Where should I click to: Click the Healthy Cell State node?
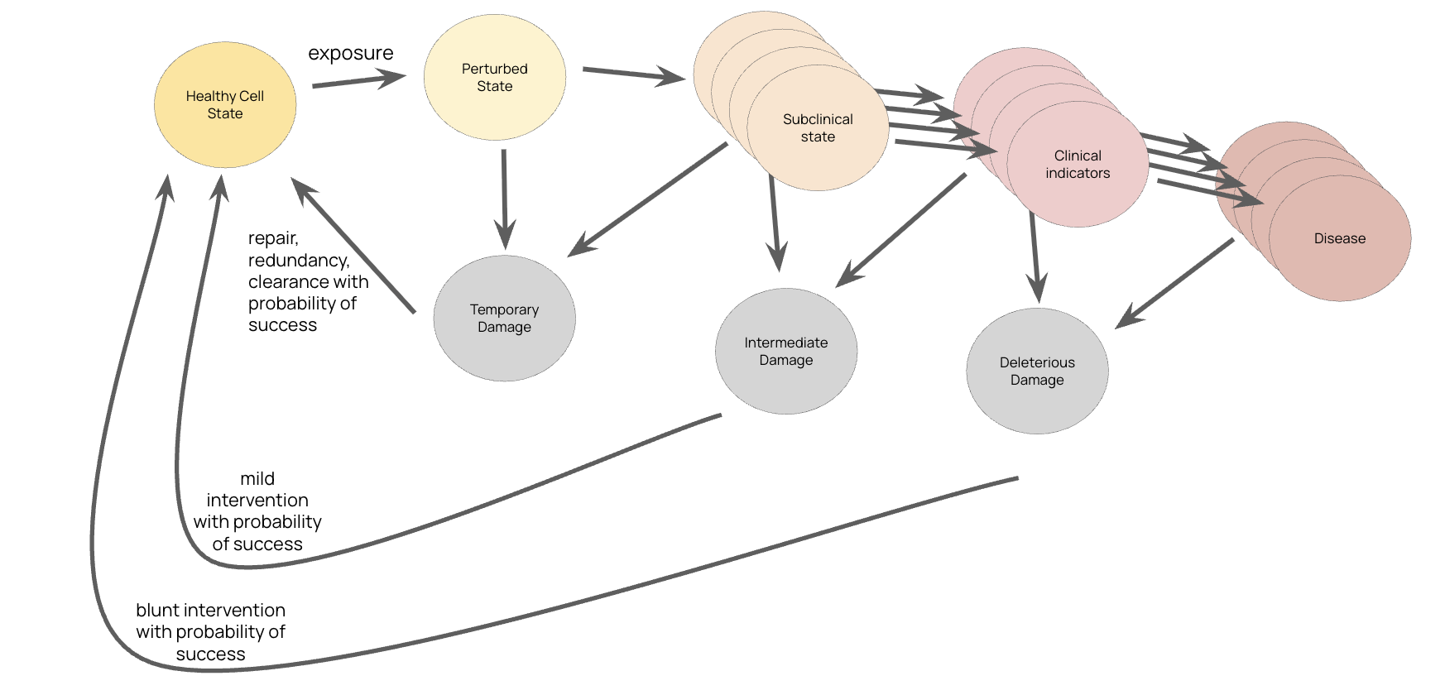tap(225, 105)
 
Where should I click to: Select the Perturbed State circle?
tap(495, 78)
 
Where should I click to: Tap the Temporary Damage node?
tap(504, 319)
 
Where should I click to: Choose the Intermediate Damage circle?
tap(785, 352)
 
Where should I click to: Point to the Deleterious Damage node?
tap(1037, 371)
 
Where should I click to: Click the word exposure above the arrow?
tap(350, 53)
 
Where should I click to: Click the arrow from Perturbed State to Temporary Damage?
tap(504, 199)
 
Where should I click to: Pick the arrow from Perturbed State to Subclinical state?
tap(633, 74)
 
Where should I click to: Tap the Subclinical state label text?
tap(818, 128)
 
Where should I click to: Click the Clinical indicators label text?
tap(1078, 165)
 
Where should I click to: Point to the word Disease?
tap(1339, 239)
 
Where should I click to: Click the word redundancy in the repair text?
tap(298, 261)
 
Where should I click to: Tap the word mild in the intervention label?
tap(257, 479)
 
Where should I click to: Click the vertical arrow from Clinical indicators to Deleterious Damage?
tap(1035, 256)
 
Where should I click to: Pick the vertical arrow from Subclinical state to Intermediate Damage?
tap(775, 223)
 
